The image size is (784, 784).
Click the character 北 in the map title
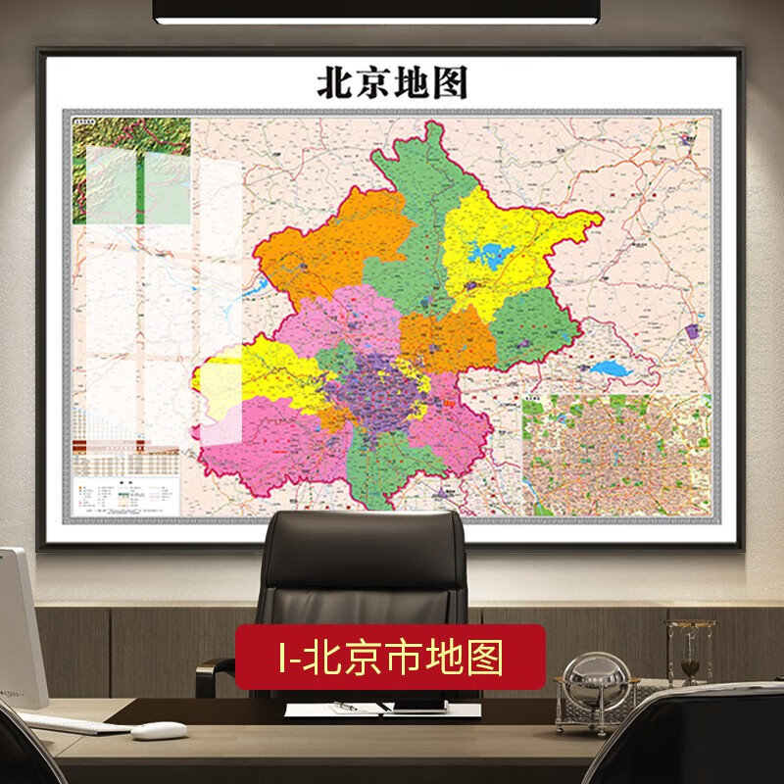(x=333, y=83)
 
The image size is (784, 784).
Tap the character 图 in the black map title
(x=448, y=83)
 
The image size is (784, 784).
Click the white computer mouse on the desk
(x=159, y=730)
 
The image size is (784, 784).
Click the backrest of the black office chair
(x=367, y=568)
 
